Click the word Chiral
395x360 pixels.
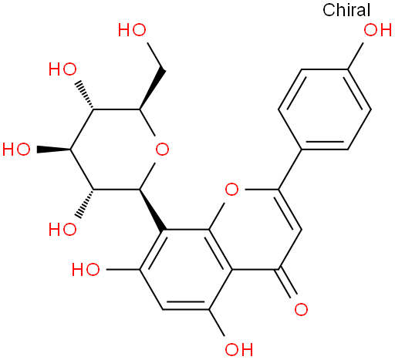pyautogui.click(x=346, y=10)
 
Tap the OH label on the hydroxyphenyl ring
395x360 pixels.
pyautogui.click(x=377, y=30)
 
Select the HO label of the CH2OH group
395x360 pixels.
pyautogui.click(x=132, y=30)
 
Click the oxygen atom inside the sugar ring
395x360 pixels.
pyautogui.click(x=162, y=150)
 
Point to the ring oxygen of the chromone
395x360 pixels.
pyautogui.click(x=231, y=190)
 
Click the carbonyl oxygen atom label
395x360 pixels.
pyautogui.click(x=301, y=309)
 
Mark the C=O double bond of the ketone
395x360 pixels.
pyautogui.click(x=287, y=283)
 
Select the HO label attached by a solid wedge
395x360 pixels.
pyautogui.click(x=16, y=150)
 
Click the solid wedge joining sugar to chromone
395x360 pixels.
pyautogui.click(x=152, y=210)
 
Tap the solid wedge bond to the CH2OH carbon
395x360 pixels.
pyautogui.click(x=152, y=89)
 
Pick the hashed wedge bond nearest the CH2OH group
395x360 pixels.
pyautogui.click(x=84, y=96)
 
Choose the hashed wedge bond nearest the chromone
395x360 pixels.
pyautogui.click(x=84, y=204)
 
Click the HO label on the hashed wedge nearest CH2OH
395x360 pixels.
pyautogui.click(x=62, y=69)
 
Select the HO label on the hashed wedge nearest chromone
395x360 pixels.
pyautogui.click(x=62, y=229)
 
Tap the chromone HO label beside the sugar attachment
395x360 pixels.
pyautogui.click(x=86, y=269)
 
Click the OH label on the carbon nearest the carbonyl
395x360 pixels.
pyautogui.click(x=239, y=349)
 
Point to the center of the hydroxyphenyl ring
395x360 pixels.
pyautogui.click(x=324, y=109)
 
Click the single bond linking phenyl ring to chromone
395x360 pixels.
pyautogui.click(x=289, y=170)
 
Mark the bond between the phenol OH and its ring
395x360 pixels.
pyautogui.click(x=355, y=56)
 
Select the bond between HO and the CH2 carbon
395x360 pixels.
pyautogui.click(x=156, y=56)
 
